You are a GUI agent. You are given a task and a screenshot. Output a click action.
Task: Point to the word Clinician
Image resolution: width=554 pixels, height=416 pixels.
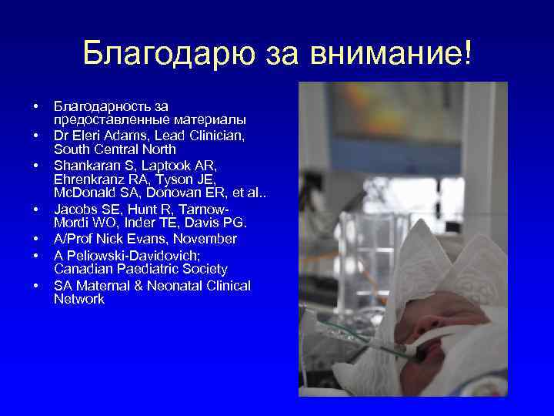[218, 135]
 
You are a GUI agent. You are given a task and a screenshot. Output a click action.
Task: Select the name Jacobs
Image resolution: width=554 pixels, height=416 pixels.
[74, 210]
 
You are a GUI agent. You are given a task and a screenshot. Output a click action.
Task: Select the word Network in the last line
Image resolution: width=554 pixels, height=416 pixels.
[79, 299]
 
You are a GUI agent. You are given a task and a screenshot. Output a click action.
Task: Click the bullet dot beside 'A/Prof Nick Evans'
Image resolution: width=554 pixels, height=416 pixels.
[35, 240]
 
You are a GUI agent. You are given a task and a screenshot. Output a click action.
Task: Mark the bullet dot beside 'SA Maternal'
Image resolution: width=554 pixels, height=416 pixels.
[35, 286]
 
